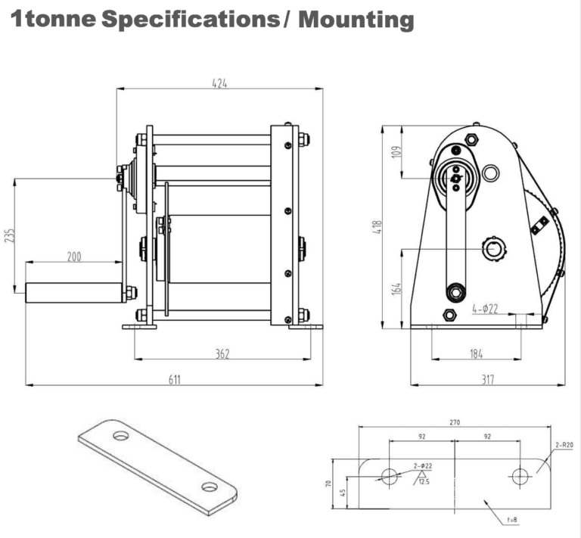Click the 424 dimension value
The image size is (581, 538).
point(219,83)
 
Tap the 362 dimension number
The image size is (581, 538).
point(222,353)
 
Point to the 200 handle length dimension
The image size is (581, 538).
point(73,257)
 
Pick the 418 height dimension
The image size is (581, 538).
point(378,227)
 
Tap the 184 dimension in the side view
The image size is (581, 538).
point(476,353)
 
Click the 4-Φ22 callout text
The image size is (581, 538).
point(484,309)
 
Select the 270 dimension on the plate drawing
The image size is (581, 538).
point(455,422)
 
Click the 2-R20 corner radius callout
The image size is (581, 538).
point(564,446)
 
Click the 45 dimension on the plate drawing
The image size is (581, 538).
point(343,493)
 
